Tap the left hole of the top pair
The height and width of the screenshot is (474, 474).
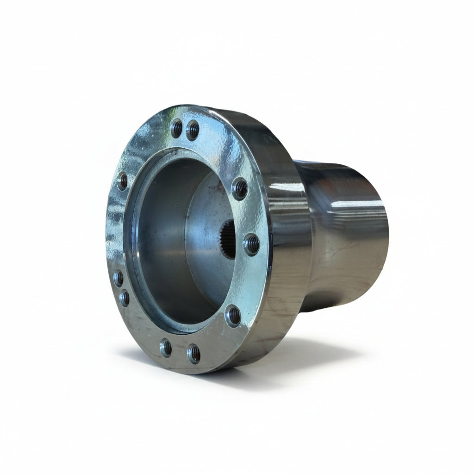[176, 128]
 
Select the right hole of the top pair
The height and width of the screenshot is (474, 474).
[193, 130]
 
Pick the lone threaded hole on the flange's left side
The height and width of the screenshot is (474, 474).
[123, 181]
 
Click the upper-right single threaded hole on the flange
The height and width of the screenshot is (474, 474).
[239, 188]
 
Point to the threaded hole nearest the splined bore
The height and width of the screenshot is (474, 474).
[251, 244]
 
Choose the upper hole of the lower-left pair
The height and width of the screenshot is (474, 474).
[118, 278]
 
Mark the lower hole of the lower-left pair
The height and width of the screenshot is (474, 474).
[125, 298]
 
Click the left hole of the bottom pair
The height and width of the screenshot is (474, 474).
[166, 347]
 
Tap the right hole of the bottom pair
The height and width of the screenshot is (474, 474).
[193, 354]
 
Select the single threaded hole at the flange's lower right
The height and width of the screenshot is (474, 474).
[233, 316]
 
